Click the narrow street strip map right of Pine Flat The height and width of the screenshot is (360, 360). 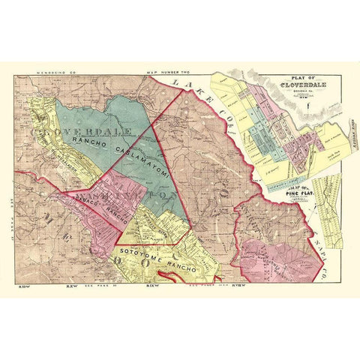[327, 210]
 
